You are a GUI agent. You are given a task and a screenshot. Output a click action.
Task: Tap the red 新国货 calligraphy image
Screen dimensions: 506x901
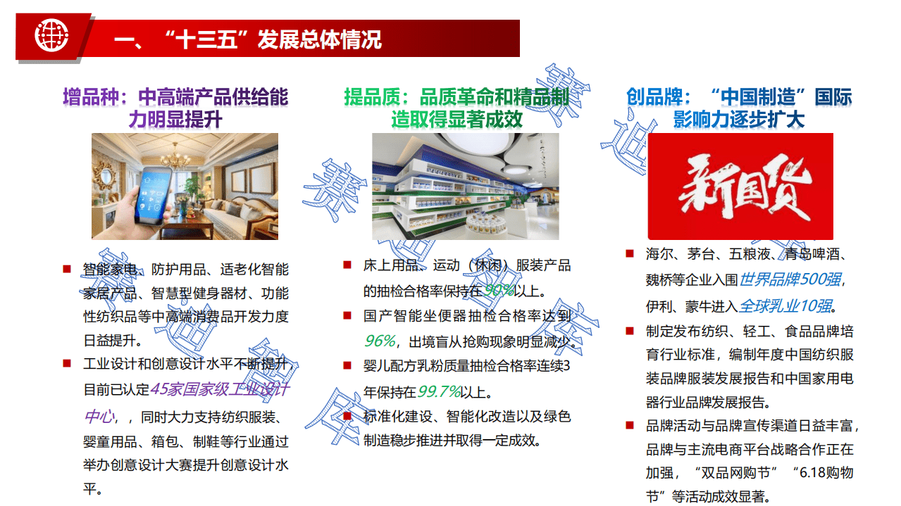coord(740,187)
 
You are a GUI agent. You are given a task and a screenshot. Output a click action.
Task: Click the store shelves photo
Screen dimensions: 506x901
coord(465,187)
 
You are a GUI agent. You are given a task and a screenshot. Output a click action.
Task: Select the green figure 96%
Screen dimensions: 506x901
coord(380,341)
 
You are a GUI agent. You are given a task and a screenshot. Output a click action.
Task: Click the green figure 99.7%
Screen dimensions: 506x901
coord(440,391)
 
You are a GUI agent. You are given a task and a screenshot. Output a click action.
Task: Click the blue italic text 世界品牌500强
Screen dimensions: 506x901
coord(789,279)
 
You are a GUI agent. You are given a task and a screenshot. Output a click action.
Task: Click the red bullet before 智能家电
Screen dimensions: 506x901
coord(67,268)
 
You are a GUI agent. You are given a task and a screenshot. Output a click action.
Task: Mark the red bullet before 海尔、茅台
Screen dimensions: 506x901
coord(630,253)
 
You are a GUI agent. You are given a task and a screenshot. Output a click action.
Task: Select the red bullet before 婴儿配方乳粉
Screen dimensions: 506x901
coord(347,365)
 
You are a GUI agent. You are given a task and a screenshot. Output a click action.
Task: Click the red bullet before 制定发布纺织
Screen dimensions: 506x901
coord(630,330)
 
